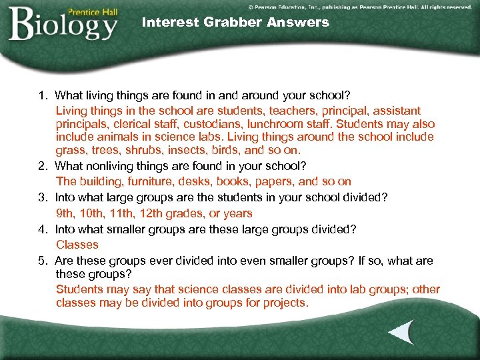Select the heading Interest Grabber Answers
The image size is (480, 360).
click(235, 22)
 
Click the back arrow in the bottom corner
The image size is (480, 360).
click(401, 333)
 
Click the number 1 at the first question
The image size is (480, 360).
click(41, 95)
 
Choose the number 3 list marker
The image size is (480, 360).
click(41, 197)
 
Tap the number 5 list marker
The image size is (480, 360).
click(41, 261)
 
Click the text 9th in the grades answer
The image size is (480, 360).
click(65, 213)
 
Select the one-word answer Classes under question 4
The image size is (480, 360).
click(77, 245)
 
